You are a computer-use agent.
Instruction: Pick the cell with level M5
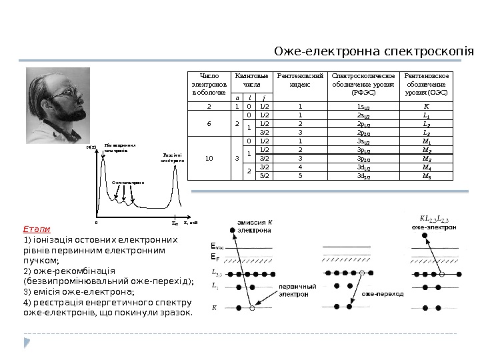pos(427,177)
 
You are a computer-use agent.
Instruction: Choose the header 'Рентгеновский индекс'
pos(300,81)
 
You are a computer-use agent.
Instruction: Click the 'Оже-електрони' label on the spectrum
pos(128,181)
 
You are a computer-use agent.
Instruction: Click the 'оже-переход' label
pos(383,293)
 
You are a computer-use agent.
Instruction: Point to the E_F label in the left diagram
pos(215,257)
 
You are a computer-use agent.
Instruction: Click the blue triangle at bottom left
pos(27,342)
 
